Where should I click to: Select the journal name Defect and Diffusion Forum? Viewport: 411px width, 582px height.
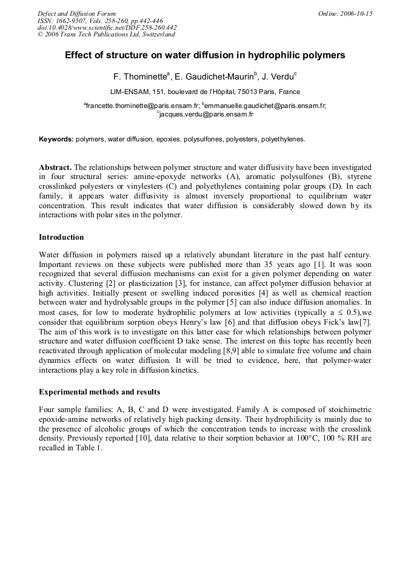76,13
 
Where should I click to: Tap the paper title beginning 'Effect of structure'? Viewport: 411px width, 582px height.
205,55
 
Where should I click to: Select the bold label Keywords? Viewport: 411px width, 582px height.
56,139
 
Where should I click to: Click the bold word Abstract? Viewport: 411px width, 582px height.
55,167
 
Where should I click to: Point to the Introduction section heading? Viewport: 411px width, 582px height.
61,237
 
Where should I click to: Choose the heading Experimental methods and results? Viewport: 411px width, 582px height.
99,392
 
